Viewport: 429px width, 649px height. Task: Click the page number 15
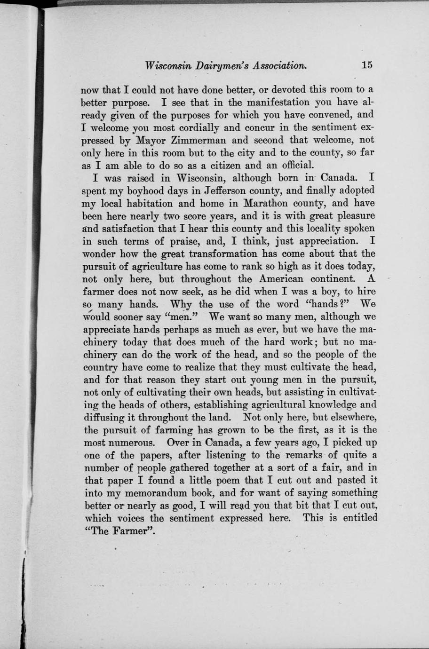click(367, 65)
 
